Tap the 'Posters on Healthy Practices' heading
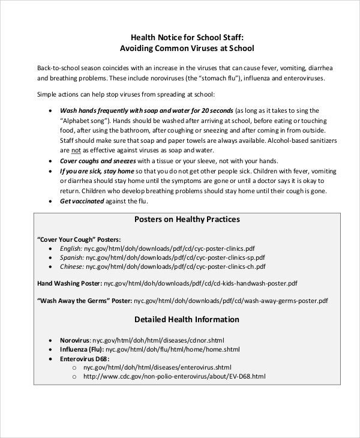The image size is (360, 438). (x=187, y=220)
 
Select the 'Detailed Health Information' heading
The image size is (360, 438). (x=187, y=319)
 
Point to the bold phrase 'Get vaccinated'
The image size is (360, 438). (x=82, y=201)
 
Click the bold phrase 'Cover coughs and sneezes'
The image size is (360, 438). (x=98, y=161)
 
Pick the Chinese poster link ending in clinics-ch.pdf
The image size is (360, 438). (x=175, y=266)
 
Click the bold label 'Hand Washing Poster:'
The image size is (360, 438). (x=70, y=283)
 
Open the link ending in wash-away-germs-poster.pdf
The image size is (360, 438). (x=231, y=300)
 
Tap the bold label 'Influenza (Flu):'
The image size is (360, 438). (x=82, y=349)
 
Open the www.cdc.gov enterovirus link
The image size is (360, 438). (x=174, y=376)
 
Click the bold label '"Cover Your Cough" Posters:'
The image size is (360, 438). (x=79, y=238)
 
